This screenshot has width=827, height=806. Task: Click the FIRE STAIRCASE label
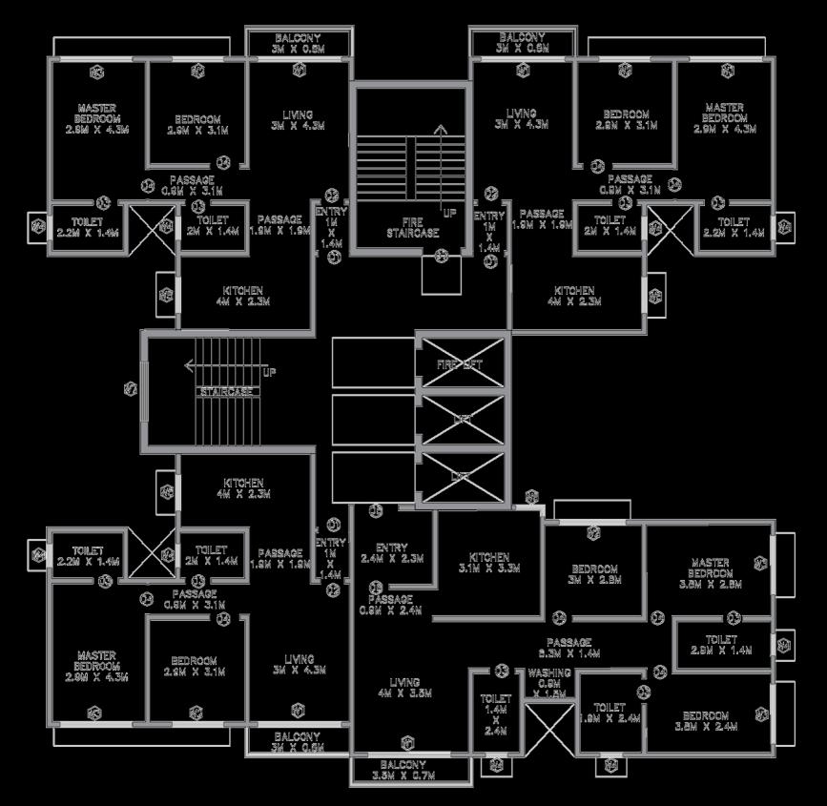pyautogui.click(x=410, y=228)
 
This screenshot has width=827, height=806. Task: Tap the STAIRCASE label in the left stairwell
pyautogui.click(x=226, y=392)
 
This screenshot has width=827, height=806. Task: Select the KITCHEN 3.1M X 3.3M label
pyautogui.click(x=488, y=562)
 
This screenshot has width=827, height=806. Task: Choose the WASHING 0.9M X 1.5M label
pyautogui.click(x=548, y=683)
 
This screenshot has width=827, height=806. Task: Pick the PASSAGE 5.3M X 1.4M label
pyautogui.click(x=569, y=648)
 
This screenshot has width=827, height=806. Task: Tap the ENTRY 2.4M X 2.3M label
pyautogui.click(x=391, y=553)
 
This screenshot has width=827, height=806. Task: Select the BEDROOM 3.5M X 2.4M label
pyautogui.click(x=706, y=720)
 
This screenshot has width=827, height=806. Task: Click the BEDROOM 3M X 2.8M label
pyautogui.click(x=594, y=573)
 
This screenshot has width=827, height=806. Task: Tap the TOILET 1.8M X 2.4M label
pyautogui.click(x=609, y=713)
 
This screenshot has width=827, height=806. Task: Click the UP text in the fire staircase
pyautogui.click(x=449, y=212)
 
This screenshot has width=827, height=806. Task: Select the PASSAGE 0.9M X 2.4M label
pyautogui.click(x=391, y=606)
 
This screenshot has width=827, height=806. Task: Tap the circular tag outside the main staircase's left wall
pyautogui.click(x=131, y=388)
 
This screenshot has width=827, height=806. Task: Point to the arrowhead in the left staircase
pyautogui.click(x=190, y=364)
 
